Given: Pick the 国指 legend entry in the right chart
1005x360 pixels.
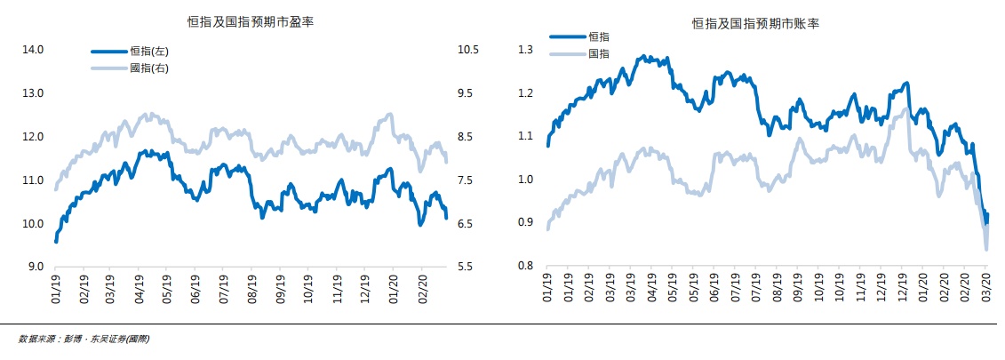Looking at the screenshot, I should point(599,54).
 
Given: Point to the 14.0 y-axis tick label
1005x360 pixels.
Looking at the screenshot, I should point(32,50).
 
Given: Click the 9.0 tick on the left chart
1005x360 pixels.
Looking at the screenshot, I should point(34,267).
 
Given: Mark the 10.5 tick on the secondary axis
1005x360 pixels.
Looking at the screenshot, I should point(468,50).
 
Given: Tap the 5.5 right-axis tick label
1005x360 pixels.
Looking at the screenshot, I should point(468,267).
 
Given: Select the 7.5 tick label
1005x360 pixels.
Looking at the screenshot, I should point(468,180).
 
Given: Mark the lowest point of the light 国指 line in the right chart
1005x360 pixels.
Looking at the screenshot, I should point(986,249).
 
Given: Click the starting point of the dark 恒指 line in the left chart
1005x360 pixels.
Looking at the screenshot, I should point(56,241).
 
